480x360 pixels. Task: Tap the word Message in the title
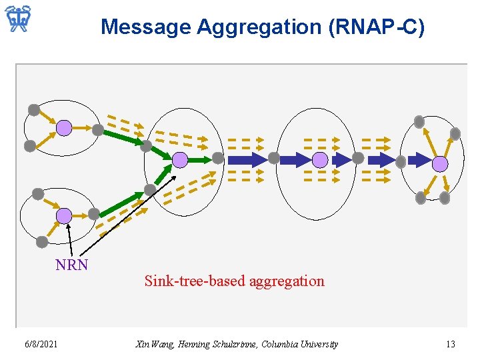pyautogui.click(x=145, y=27)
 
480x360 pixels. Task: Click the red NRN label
pyautogui.click(x=71, y=265)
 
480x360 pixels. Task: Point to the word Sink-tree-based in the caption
pyautogui.click(x=195, y=281)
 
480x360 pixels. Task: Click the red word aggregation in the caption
pyautogui.click(x=287, y=281)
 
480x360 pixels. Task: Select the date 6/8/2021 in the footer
pyautogui.click(x=41, y=344)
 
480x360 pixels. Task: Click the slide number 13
pyautogui.click(x=450, y=344)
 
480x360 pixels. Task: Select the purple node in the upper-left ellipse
pyautogui.click(x=63, y=127)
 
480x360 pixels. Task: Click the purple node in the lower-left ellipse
pyautogui.click(x=63, y=215)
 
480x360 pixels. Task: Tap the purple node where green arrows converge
pyautogui.click(x=180, y=159)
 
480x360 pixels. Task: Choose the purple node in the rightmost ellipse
pyautogui.click(x=440, y=163)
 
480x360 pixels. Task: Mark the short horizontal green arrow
pyautogui.click(x=199, y=160)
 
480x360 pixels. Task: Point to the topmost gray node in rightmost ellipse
pyautogui.click(x=419, y=121)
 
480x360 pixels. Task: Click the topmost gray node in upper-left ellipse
pyautogui.click(x=33, y=110)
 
